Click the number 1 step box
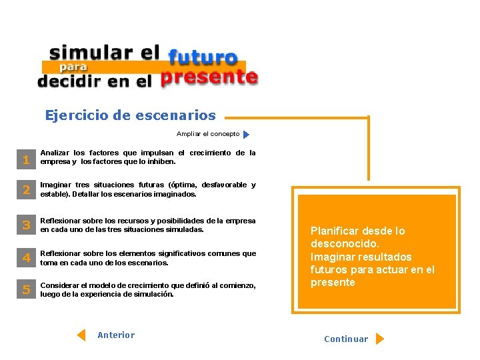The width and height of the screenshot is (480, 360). tap(26, 160)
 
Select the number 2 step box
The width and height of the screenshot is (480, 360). tap(26, 191)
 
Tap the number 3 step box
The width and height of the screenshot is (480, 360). tap(26, 225)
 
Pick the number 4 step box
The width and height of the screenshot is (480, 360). tap(26, 258)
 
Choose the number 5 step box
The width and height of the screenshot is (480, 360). tap(26, 290)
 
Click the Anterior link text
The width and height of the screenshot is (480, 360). tap(116, 335)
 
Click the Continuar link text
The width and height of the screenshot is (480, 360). tap(346, 339)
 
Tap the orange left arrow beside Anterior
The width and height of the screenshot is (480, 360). tap(81, 335)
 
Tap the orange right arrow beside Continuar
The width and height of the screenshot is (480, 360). tap(379, 339)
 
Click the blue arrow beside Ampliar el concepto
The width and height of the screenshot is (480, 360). tap(246, 135)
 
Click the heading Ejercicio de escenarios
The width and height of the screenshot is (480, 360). tap(131, 115)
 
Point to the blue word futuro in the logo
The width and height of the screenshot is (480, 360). tap(203, 58)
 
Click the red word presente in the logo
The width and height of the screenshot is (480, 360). tap(209, 78)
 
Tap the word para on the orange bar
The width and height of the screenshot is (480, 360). tap(73, 67)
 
